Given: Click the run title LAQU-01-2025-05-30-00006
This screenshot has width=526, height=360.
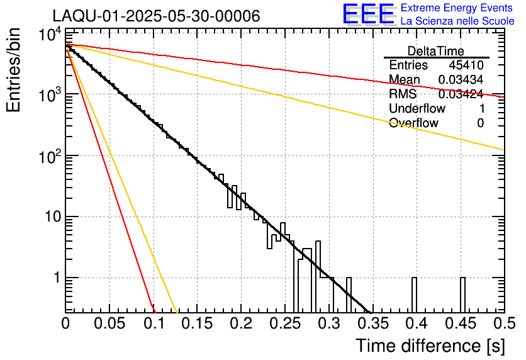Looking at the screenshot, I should (156, 16).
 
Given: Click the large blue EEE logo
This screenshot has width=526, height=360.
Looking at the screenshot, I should (368, 14).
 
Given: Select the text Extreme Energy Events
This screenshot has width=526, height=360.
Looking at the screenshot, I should (457, 8).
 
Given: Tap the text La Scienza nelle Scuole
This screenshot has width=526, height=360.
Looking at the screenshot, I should (457, 21).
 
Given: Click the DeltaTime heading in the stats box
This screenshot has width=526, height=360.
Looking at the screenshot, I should (436, 51).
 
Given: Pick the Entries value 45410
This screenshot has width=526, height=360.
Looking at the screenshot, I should (466, 65).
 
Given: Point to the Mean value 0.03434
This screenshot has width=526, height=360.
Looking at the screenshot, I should (461, 80).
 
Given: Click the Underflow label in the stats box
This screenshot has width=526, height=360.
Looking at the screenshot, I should (417, 109).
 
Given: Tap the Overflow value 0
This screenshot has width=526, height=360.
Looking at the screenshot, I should (480, 123).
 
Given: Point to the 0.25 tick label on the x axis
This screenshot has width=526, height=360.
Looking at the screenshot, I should (284, 323).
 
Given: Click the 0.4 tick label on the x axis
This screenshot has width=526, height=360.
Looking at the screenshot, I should (415, 323).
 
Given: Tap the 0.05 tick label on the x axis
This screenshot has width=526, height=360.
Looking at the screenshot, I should (109, 323).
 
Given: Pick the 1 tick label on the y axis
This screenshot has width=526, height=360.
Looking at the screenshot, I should (57, 278).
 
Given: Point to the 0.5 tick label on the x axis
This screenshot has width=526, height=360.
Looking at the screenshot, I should (502, 323).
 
